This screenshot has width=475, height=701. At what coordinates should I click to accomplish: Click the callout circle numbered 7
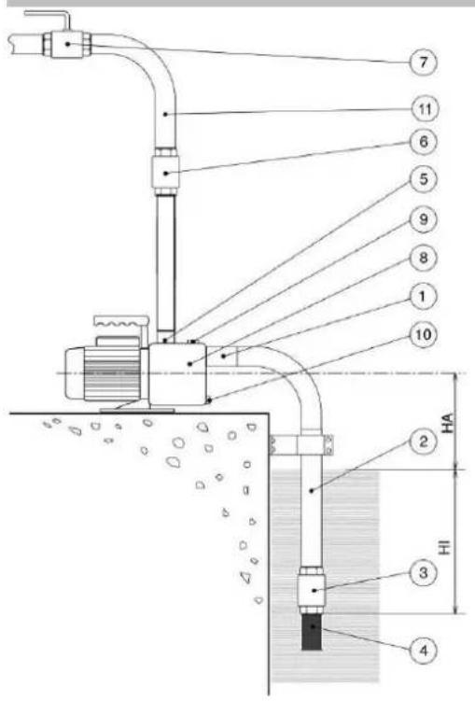tap(423, 63)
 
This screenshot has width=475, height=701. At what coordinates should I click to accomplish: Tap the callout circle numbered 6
tap(423, 142)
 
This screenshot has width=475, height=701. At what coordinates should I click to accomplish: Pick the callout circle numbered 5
tap(423, 179)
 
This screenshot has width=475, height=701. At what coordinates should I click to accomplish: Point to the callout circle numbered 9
tap(423, 219)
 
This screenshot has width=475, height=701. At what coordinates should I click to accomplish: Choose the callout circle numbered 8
tap(423, 258)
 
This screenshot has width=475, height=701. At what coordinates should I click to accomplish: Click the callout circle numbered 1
tap(423, 296)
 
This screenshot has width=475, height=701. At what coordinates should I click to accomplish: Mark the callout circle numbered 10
tap(423, 334)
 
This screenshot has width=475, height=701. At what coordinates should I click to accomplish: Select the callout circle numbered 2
tap(423, 442)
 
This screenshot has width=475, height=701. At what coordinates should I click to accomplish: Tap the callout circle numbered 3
tap(423, 573)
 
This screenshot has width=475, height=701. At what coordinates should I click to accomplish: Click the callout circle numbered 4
tap(423, 651)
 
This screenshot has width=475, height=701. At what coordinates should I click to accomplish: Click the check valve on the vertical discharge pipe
tap(166, 173)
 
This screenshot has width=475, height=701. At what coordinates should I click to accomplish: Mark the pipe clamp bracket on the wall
tap(302, 446)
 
